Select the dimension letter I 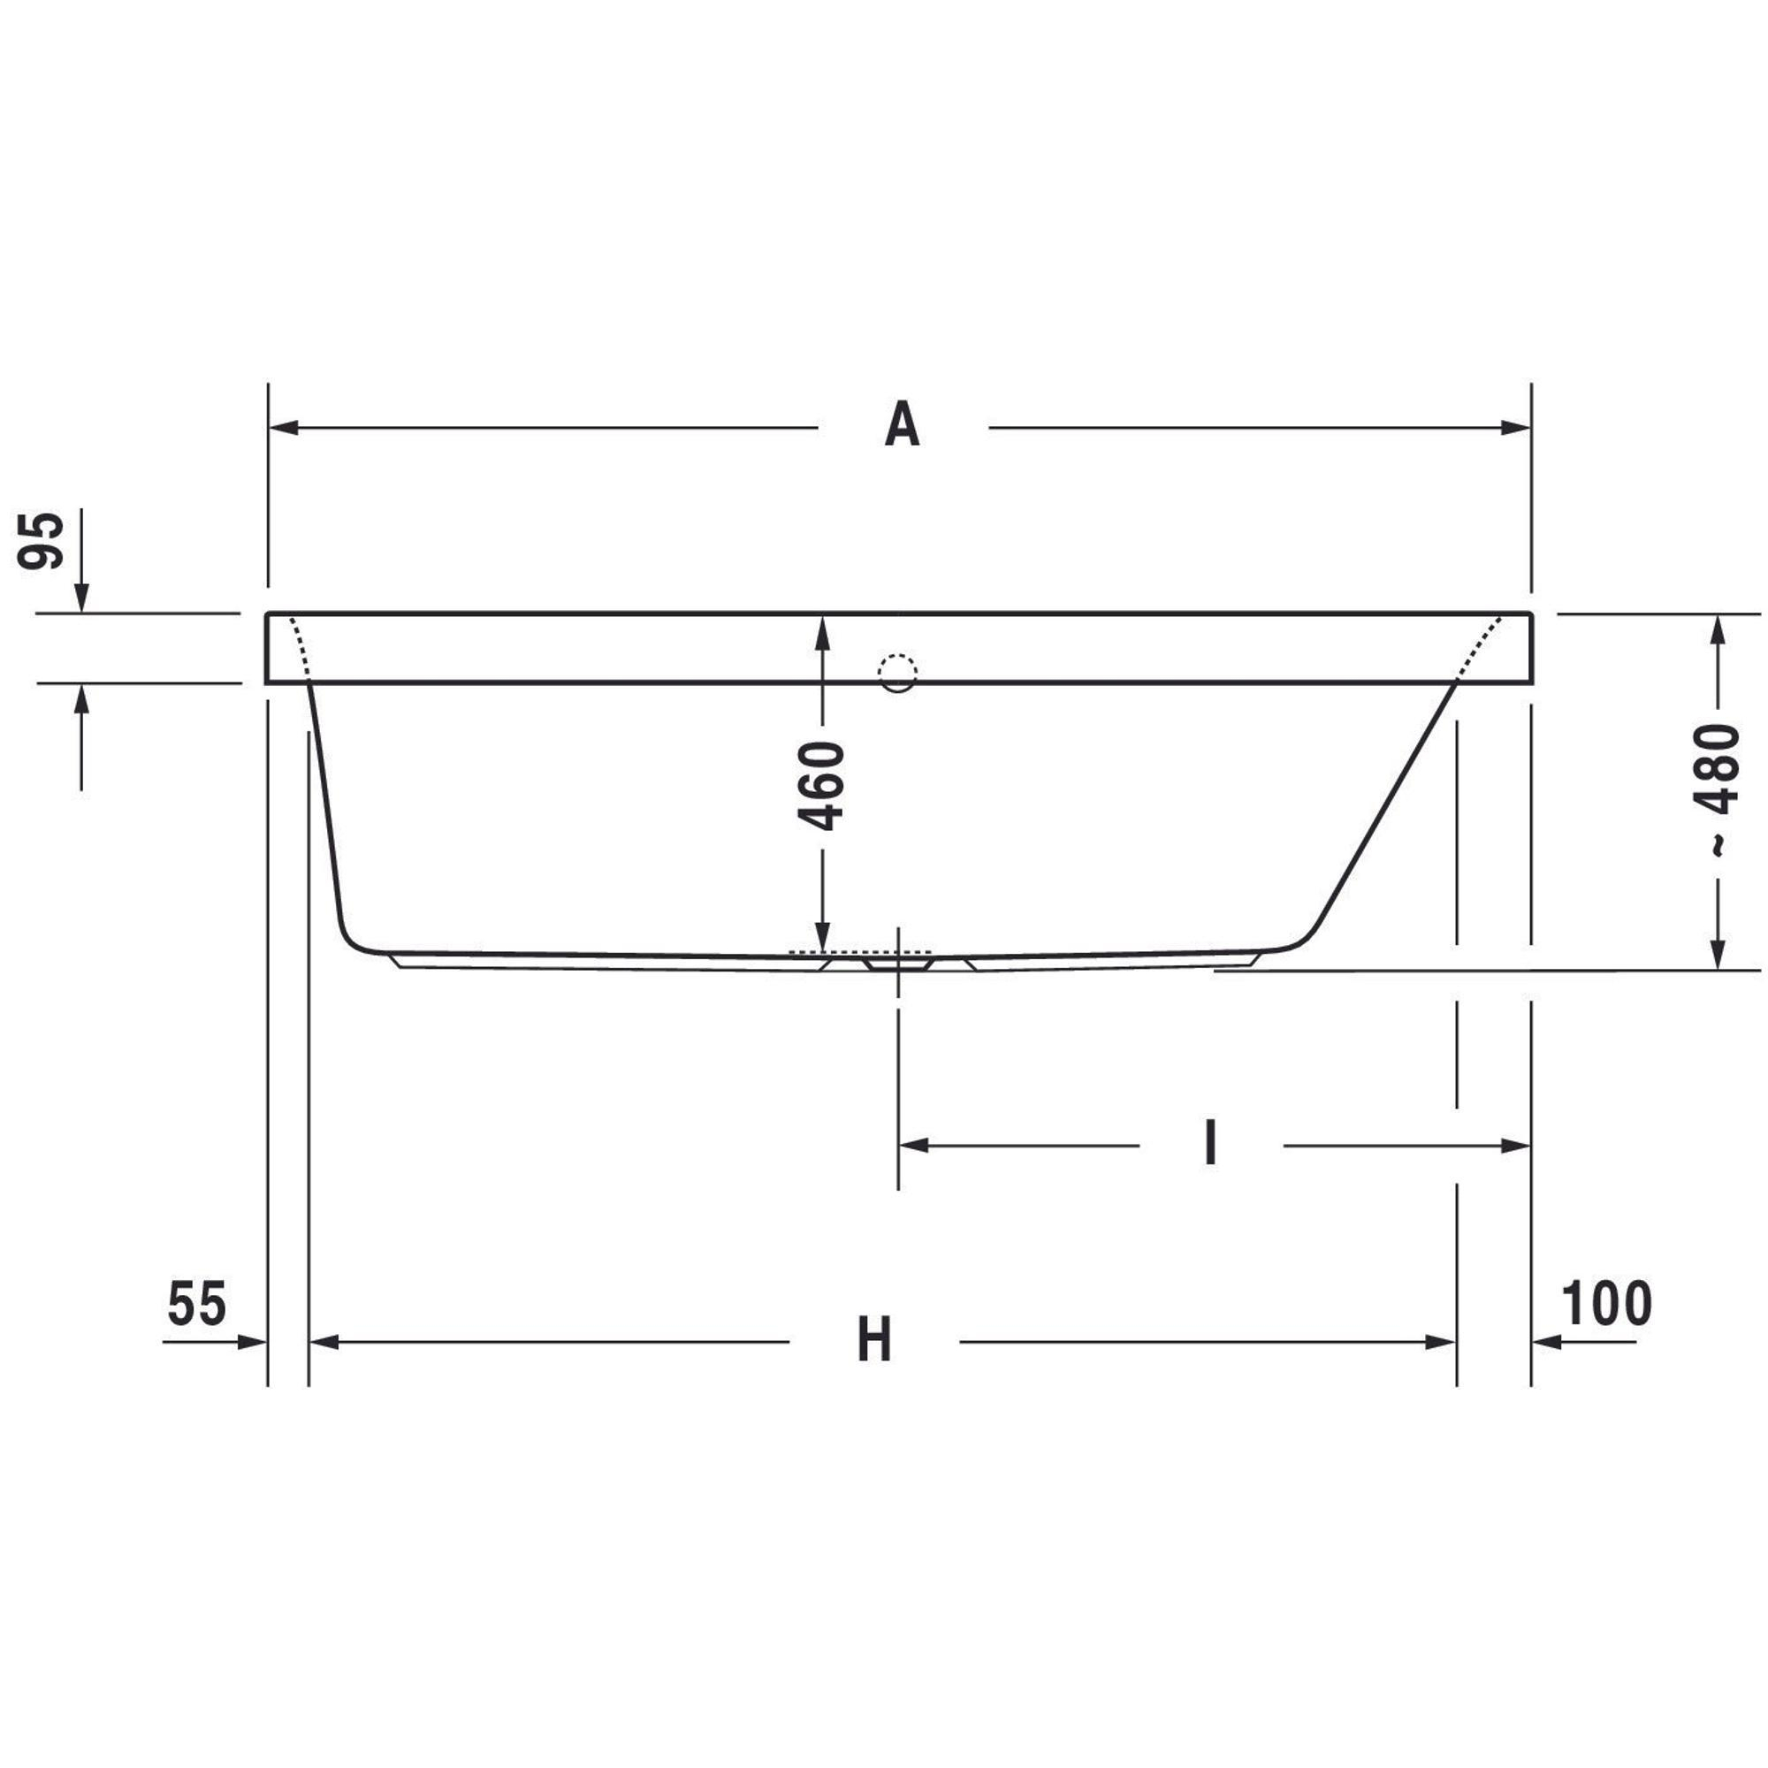pos(1211,1144)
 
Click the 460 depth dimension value pos(821,786)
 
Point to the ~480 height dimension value pos(1716,789)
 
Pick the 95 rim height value pos(42,541)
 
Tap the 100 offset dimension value pos(1607,1303)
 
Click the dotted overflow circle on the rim pos(896,674)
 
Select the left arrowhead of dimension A pos(284,427)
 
